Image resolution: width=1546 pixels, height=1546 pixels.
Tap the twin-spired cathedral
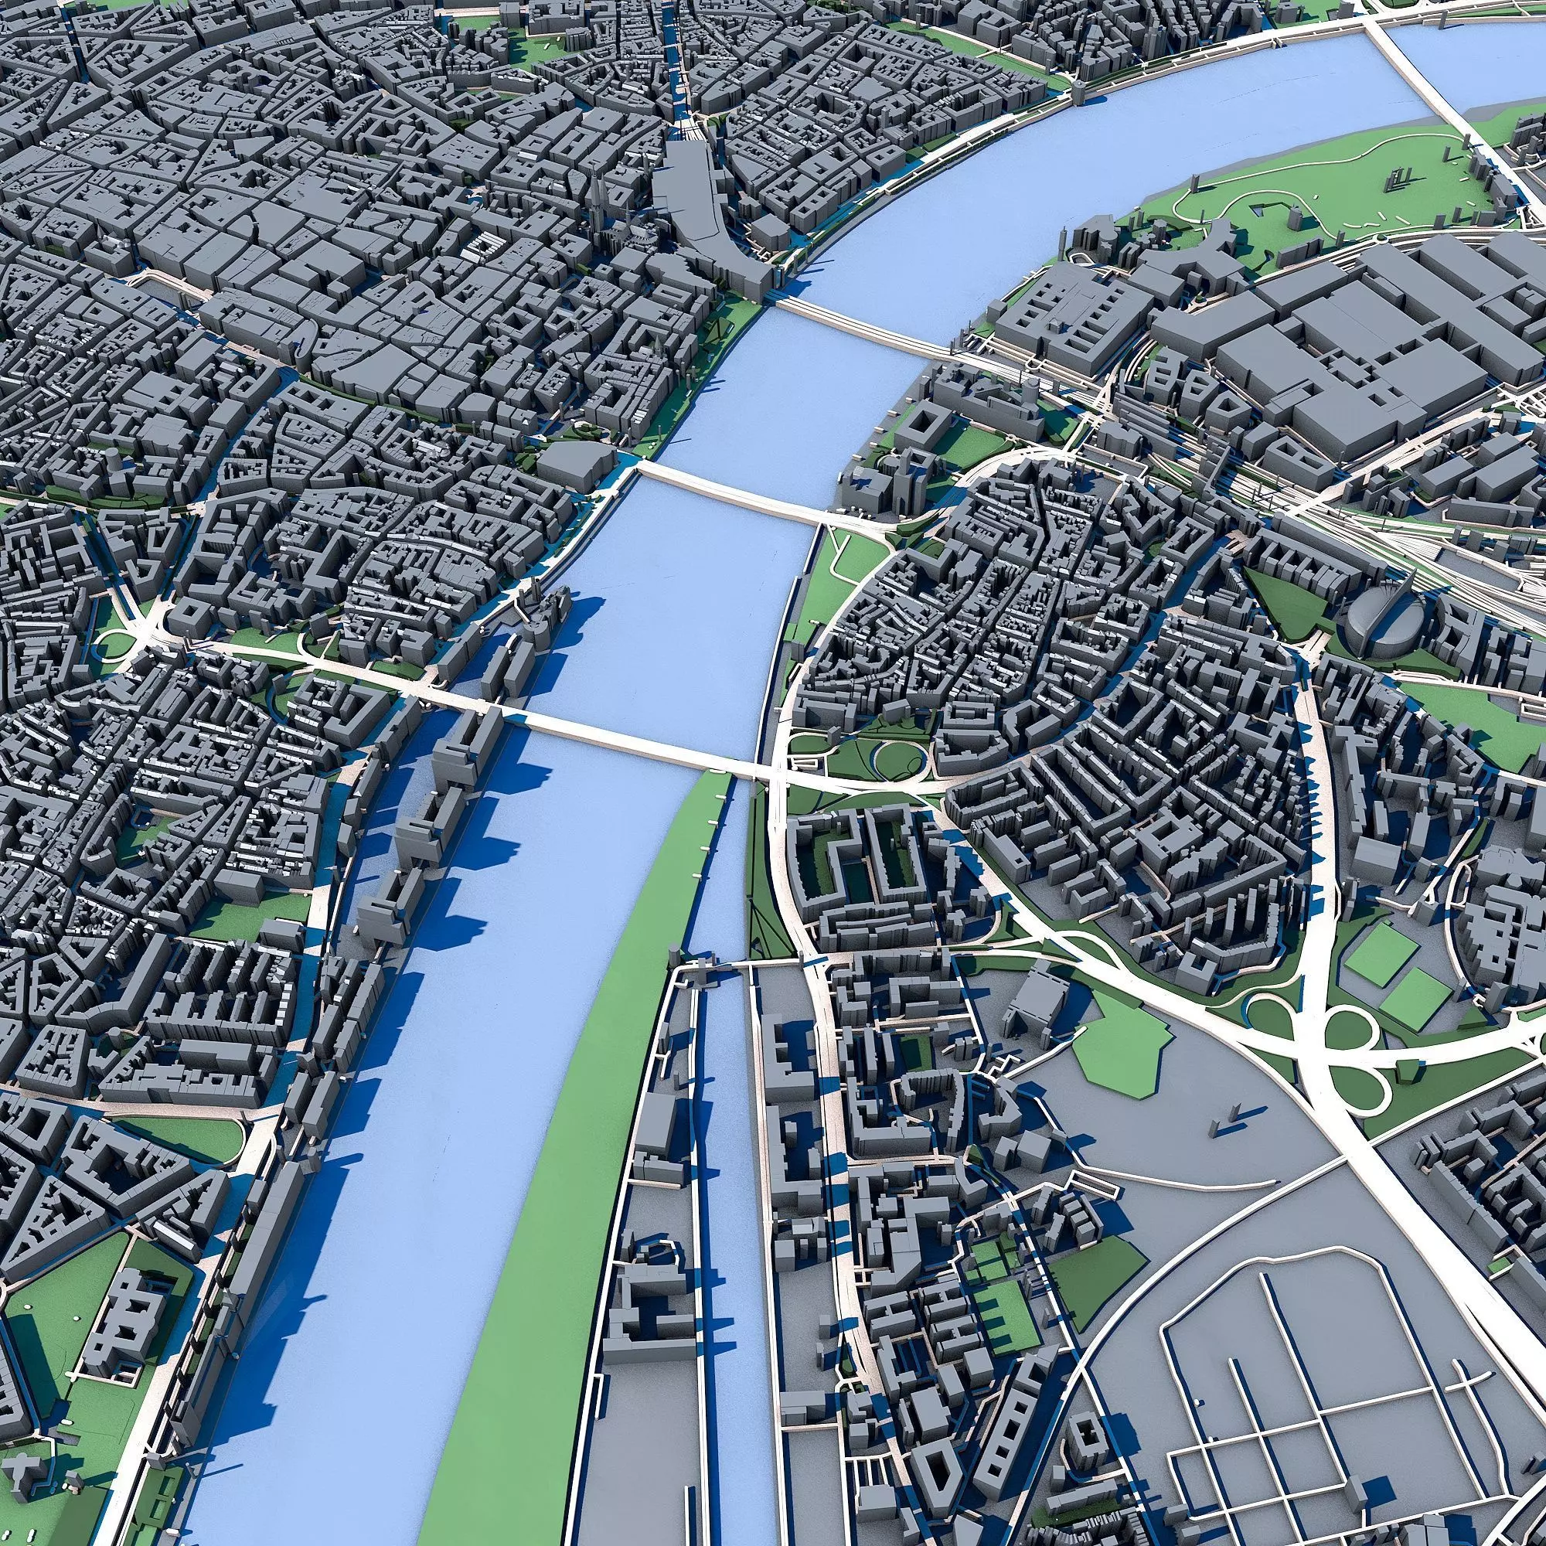[x=598, y=197]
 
